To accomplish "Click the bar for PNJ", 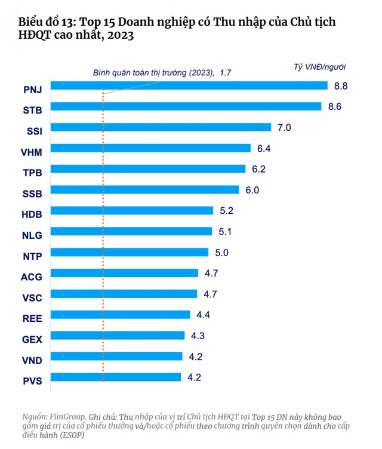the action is (x=189, y=85).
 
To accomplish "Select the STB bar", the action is (x=186, y=106).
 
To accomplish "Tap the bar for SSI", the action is (x=161, y=127).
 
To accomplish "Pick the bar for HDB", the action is (x=132, y=210).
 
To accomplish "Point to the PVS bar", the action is (x=116, y=377).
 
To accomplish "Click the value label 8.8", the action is (x=341, y=86).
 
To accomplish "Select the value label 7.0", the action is (x=284, y=127).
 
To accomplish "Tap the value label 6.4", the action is (x=264, y=148).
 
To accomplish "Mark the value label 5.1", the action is (x=225, y=232).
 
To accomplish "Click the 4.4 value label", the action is (x=203, y=315).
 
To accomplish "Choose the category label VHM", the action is (x=32, y=152).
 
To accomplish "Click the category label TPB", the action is (x=33, y=173).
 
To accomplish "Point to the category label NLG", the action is (x=32, y=235).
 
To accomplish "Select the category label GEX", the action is (x=32, y=340).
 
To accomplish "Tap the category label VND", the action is (x=32, y=361).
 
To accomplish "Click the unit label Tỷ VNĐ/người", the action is (x=319, y=67).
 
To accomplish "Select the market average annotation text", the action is (x=162, y=73).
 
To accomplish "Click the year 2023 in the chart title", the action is (x=121, y=35).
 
